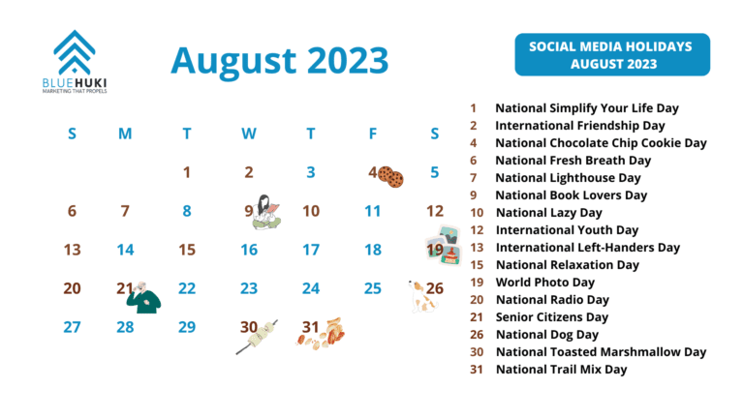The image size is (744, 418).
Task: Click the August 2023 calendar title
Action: pyautogui.click(x=279, y=60)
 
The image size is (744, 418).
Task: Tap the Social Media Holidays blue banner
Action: pyautogui.click(x=611, y=54)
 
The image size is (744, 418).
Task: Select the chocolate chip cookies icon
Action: pyautogui.click(x=390, y=176)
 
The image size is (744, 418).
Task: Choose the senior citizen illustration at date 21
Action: pyautogui.click(x=143, y=297)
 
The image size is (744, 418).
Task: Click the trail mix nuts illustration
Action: pyautogui.click(x=326, y=332)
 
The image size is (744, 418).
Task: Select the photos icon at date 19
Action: pyautogui.click(x=445, y=247)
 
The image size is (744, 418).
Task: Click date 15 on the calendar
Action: pyautogui.click(x=187, y=250)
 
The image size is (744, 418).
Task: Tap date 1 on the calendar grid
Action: pyautogui.click(x=187, y=173)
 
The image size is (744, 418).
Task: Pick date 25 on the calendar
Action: pyautogui.click(x=372, y=288)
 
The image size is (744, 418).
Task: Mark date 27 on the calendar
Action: pyautogui.click(x=72, y=327)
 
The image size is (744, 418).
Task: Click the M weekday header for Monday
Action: pyautogui.click(x=125, y=134)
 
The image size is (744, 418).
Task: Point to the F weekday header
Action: pyautogui.click(x=372, y=134)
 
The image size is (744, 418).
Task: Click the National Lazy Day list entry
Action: pyautogui.click(x=548, y=213)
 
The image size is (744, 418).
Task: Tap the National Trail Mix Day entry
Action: pyautogui.click(x=561, y=370)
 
